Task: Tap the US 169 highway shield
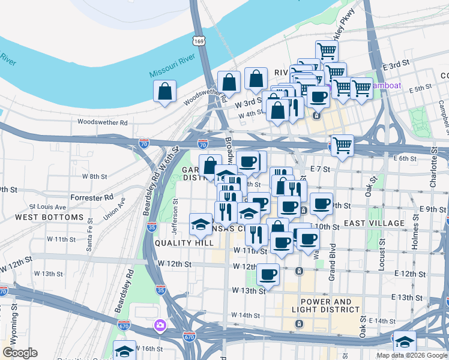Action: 198,41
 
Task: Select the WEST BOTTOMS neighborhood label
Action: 49,217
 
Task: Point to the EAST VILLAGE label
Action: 371,223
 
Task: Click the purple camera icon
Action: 160,326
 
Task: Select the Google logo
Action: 20,353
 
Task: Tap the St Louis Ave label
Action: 47,206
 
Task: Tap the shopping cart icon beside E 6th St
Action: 342,145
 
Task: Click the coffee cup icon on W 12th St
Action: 268,275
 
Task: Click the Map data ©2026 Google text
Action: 412,355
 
